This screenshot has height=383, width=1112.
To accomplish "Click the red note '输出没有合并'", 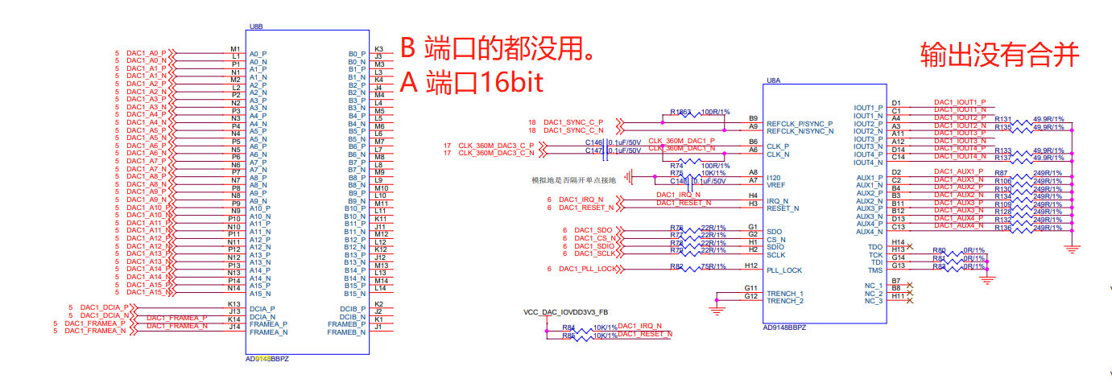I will [x=999, y=55].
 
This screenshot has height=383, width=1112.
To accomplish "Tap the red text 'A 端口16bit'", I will [x=472, y=82].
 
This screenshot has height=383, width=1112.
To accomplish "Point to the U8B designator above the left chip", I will [x=256, y=26].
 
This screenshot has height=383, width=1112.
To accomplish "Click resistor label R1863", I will [x=681, y=113].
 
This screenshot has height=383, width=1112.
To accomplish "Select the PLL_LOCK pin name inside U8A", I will [x=784, y=270].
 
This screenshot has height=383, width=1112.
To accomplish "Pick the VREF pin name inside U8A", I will [x=776, y=185].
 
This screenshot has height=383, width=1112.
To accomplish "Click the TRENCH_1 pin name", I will [x=784, y=294].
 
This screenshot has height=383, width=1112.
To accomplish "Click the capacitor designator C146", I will [x=593, y=142].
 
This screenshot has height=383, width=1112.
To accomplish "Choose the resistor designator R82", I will [x=676, y=267].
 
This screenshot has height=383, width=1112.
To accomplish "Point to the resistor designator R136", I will [x=1003, y=228].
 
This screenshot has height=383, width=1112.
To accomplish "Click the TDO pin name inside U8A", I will [x=875, y=247].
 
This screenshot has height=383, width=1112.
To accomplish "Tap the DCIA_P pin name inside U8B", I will [x=262, y=309].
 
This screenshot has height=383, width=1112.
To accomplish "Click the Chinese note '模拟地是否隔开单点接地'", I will [x=572, y=180].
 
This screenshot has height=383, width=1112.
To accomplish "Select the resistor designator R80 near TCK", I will [x=939, y=250].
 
